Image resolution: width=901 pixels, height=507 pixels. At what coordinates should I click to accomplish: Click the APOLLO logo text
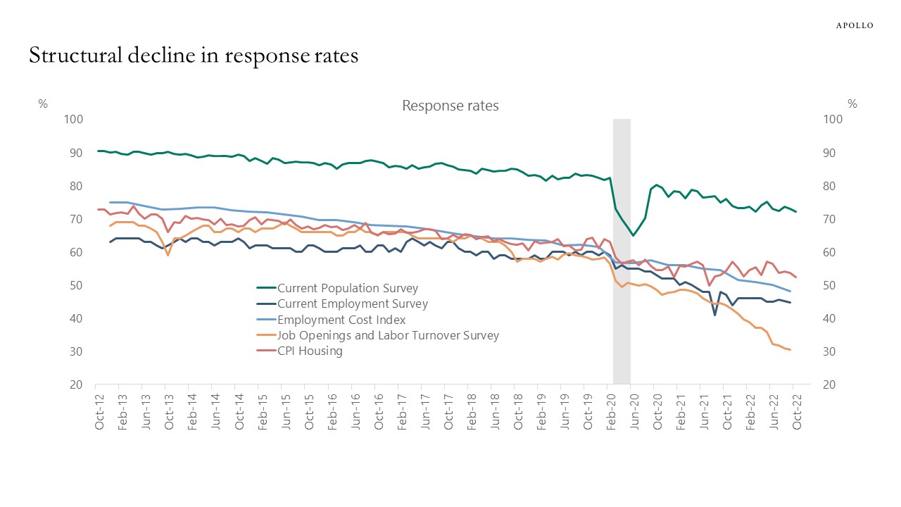[x=854, y=25]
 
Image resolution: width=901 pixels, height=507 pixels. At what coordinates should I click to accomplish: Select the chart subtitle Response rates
[x=450, y=106]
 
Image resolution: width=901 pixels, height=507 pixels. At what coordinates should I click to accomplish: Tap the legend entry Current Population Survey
[x=348, y=288]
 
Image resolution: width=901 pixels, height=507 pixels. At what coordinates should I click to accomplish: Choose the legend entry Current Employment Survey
[x=352, y=303]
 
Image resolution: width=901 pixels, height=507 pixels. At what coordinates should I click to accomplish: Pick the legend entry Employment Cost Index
[x=341, y=319]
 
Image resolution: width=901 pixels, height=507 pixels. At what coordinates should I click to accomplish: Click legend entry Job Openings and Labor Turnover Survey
[x=388, y=335]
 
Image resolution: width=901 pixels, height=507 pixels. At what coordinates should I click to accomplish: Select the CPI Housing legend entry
[x=310, y=351]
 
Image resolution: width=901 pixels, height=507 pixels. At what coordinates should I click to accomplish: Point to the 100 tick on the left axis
[x=73, y=120]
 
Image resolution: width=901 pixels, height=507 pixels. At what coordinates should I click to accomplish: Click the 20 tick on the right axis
[x=830, y=385]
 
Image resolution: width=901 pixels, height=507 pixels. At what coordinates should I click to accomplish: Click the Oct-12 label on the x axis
[x=100, y=411]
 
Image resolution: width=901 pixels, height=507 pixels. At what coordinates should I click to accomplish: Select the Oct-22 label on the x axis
[x=793, y=411]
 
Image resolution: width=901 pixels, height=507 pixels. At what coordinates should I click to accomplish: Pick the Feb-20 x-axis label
[x=610, y=411]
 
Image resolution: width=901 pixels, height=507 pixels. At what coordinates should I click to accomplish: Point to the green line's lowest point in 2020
[x=633, y=235]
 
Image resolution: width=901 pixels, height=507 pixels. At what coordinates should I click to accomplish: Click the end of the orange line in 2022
[x=790, y=350]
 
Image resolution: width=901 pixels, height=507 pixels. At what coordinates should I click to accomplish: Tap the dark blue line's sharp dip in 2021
[x=715, y=315]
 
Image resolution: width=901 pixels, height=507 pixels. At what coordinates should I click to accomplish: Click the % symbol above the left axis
[x=43, y=104]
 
